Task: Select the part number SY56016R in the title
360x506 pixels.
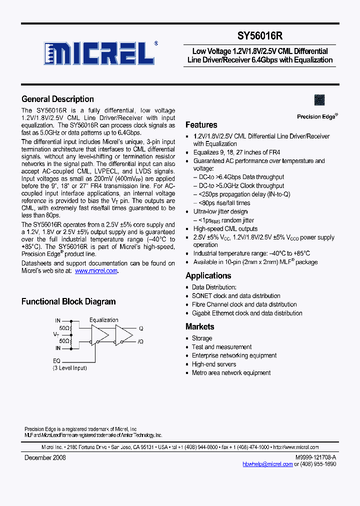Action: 260,36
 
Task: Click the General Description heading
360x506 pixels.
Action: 57,99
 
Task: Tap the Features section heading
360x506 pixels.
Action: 201,125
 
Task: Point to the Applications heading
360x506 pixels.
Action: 208,275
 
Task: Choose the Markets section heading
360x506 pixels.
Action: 199,326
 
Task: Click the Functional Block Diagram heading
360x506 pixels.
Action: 68,301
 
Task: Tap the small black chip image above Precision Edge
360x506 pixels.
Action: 319,100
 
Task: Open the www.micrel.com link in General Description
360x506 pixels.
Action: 96,270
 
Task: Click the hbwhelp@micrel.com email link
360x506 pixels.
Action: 267,464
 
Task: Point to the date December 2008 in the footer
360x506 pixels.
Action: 45,457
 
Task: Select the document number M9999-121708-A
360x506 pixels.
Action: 315,457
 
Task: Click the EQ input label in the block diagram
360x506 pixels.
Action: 56,360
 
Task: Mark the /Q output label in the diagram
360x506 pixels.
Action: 141,341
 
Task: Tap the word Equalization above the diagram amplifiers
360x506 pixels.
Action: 104,320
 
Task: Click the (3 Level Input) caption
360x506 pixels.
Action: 70,368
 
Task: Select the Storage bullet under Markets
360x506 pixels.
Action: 202,338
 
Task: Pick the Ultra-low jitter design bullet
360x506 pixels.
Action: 220,211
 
